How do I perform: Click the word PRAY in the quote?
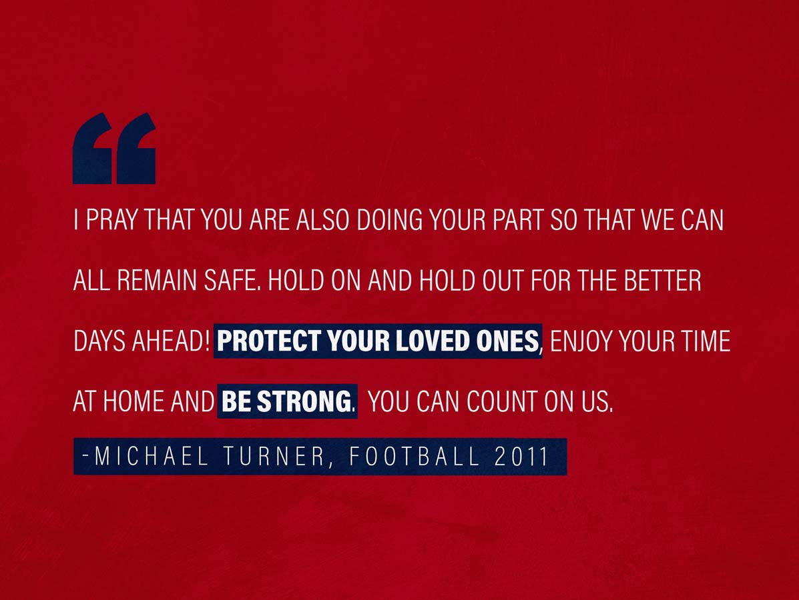(111, 220)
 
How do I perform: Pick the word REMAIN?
(157, 281)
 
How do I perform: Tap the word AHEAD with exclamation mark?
(171, 341)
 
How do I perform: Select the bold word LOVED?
(433, 341)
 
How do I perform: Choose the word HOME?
(134, 401)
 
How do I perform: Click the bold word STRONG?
(304, 401)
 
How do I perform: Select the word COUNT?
(501, 401)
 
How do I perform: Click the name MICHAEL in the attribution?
(152, 456)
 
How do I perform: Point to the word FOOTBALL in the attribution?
(415, 456)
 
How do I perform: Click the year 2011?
(521, 456)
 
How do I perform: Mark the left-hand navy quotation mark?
(92, 153)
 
